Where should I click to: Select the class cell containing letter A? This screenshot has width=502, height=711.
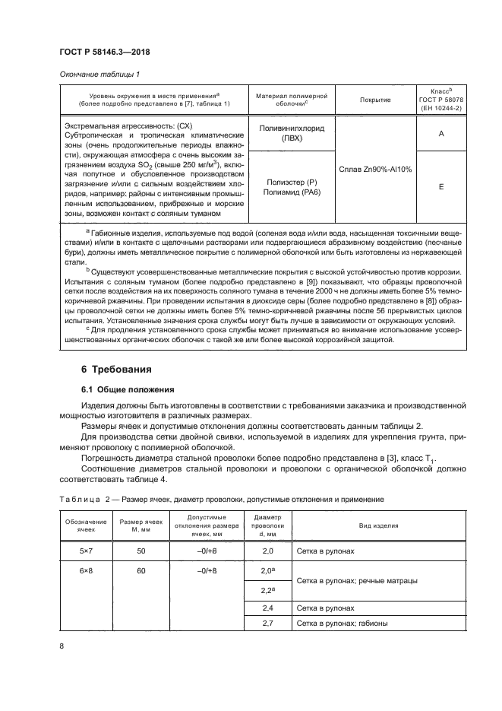point(440,133)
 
